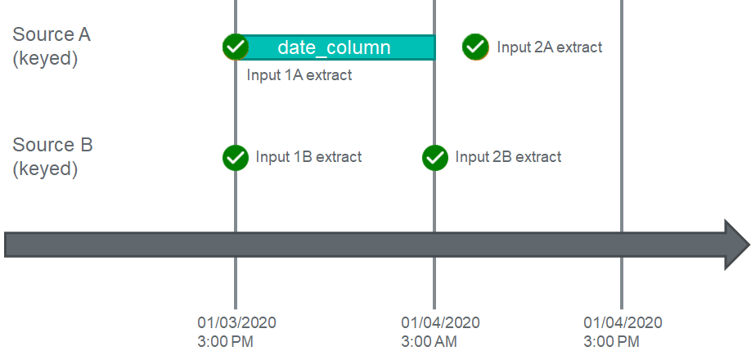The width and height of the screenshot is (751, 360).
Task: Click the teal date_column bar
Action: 335,47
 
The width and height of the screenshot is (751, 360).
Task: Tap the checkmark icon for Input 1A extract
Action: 236,47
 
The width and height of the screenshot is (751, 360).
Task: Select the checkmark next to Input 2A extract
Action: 475,47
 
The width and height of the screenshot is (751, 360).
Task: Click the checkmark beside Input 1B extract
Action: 236,157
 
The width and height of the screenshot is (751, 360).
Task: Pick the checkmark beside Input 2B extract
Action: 435,157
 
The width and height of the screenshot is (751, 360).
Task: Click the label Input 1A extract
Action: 299,75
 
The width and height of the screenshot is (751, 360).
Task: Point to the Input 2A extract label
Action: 550,47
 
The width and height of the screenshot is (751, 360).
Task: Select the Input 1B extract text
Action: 308,157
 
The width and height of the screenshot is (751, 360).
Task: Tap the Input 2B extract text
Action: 508,157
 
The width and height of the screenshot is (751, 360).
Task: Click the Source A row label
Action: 52,35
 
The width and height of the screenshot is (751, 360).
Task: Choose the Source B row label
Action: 52,145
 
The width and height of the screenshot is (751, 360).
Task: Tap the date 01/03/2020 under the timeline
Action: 236,322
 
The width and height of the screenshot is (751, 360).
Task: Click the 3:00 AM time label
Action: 429,342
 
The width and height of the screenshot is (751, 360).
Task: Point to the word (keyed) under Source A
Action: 45,60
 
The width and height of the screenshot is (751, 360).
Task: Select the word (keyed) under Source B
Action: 45,169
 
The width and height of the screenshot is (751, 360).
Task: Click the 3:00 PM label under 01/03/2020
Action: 225,342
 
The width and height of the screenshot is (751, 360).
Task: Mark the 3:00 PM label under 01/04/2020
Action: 611,342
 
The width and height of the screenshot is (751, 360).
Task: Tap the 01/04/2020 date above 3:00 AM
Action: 441,322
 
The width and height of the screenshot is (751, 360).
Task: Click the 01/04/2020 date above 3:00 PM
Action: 623,322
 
